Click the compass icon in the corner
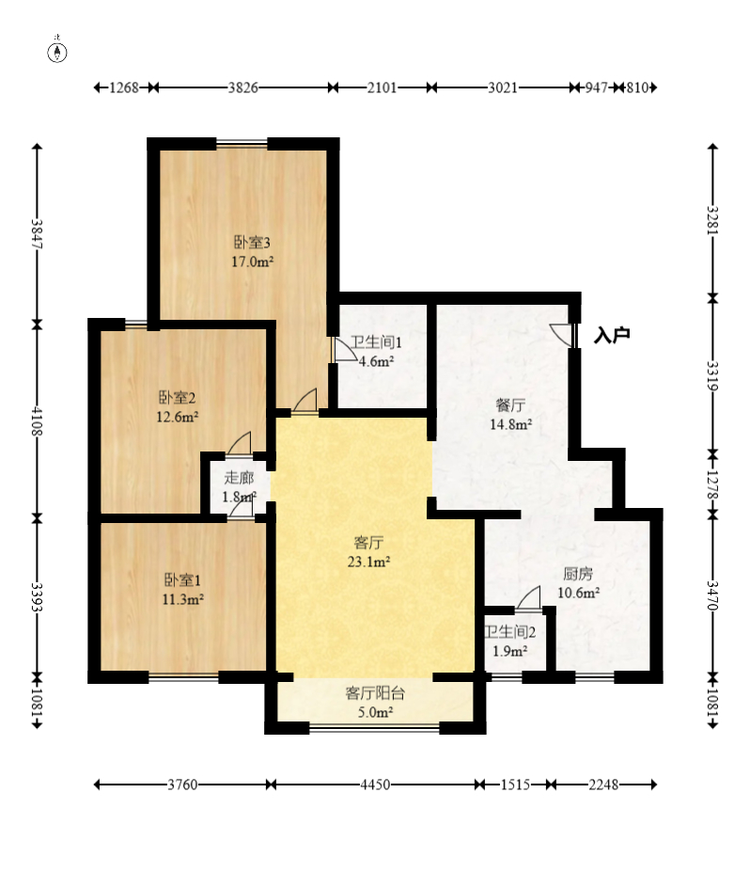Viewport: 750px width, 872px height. (x=57, y=53)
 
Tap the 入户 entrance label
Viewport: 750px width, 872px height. (x=611, y=335)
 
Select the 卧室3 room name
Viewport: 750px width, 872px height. (x=252, y=243)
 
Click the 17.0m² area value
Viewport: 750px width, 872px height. (x=252, y=262)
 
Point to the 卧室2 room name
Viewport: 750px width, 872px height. (x=178, y=398)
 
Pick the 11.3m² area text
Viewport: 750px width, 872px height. (x=182, y=599)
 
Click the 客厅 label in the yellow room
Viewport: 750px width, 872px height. (x=368, y=542)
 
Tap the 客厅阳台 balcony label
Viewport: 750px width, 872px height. (x=375, y=693)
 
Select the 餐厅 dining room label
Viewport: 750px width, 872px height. (x=510, y=404)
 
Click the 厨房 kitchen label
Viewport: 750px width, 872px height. (x=578, y=574)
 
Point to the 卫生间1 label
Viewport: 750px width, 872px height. (x=376, y=342)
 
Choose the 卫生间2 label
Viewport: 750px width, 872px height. (x=509, y=632)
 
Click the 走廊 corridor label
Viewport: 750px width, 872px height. (x=239, y=477)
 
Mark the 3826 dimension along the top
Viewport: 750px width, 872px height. (x=243, y=87)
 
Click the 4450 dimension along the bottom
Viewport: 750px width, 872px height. (x=375, y=785)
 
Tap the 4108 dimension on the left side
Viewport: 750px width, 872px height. (x=37, y=421)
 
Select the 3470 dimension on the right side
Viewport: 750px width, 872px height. (x=712, y=595)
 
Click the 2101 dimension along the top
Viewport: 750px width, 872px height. (x=383, y=87)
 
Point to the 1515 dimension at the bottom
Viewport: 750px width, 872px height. (x=515, y=785)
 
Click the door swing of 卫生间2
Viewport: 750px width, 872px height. (x=528, y=598)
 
